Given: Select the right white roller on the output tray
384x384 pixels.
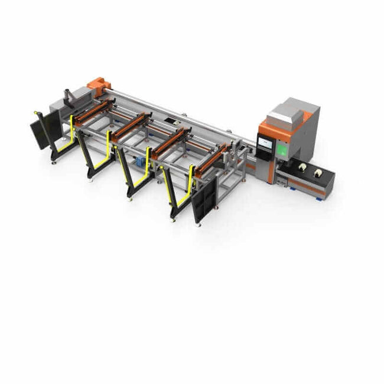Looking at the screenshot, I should [317, 173].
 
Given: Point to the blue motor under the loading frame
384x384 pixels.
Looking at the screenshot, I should [141, 163].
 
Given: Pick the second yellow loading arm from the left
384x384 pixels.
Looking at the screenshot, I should [109, 151].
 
